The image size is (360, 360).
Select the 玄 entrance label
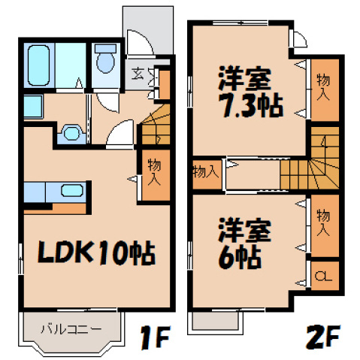coord(138,73)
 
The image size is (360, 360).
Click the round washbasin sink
coord(71,133)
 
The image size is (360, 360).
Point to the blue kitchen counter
coord(45,192)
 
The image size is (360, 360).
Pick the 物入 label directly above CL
coord(324,222)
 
